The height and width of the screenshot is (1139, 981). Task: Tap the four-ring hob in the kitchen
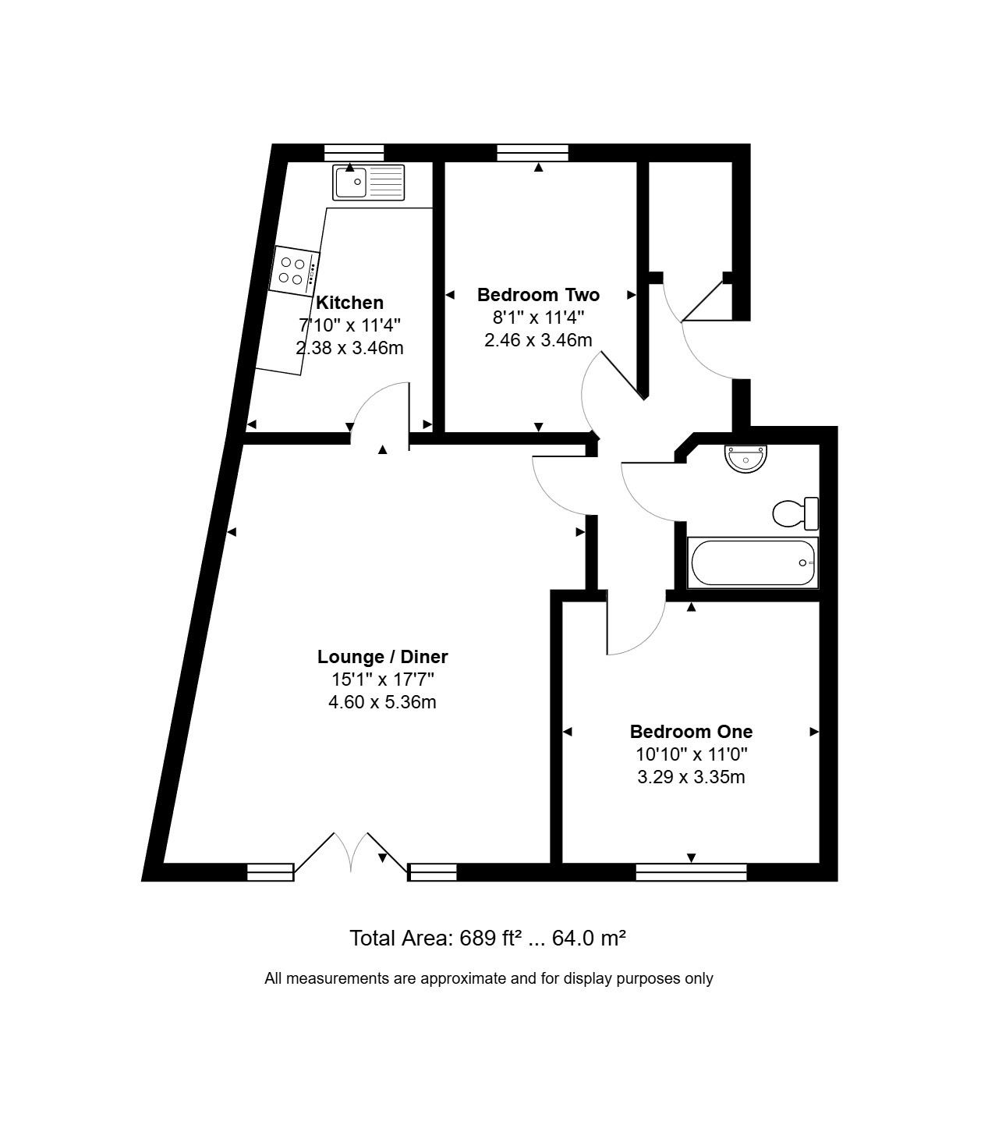coord(294,271)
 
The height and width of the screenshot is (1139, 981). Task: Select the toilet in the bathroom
coord(795,513)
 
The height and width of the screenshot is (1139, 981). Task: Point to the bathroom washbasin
coord(745,459)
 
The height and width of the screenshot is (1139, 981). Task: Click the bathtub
coord(753,562)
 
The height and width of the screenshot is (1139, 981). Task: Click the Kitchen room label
coord(350,303)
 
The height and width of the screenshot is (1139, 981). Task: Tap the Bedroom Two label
coord(538,295)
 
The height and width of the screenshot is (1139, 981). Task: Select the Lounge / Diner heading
coord(382,656)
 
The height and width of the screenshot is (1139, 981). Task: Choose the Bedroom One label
coord(691,731)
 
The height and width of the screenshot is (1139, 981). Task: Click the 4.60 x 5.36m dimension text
coord(382,702)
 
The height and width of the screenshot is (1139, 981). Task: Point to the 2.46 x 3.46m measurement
coord(538,340)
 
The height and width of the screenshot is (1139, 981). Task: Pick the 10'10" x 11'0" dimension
coord(691,754)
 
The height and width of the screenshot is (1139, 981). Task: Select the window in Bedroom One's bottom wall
coord(691,871)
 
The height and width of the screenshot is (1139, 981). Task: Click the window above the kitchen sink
coord(353,153)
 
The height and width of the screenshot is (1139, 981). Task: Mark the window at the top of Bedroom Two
coord(533,153)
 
